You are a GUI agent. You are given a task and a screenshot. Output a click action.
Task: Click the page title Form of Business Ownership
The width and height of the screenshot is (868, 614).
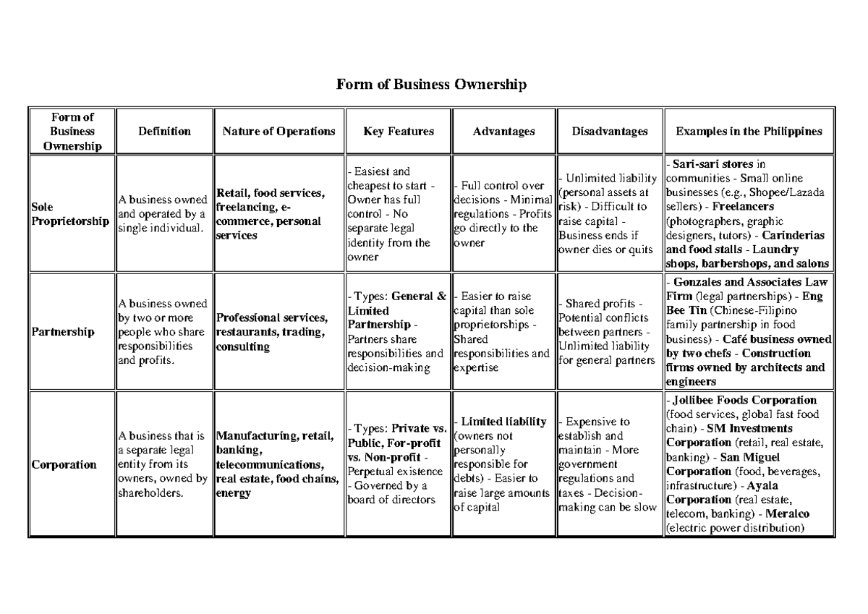pyautogui.click(x=432, y=85)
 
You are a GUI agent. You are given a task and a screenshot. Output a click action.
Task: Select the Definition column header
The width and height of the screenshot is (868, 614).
pyautogui.click(x=165, y=131)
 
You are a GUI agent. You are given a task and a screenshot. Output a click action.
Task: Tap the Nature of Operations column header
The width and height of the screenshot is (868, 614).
pyautogui.click(x=278, y=131)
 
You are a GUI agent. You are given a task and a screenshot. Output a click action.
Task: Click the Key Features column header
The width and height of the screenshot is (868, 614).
pyautogui.click(x=399, y=131)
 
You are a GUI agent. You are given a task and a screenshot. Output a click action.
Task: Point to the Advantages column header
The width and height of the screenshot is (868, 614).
pyautogui.click(x=503, y=131)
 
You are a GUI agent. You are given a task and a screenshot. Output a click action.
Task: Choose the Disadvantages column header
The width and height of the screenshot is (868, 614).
pyautogui.click(x=609, y=131)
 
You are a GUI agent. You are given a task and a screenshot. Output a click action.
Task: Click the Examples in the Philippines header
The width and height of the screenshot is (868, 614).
pyautogui.click(x=749, y=131)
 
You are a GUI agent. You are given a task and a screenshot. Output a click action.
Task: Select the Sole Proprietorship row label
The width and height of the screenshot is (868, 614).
pyautogui.click(x=69, y=214)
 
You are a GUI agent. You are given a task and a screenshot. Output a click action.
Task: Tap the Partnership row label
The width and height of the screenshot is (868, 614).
pyautogui.click(x=63, y=332)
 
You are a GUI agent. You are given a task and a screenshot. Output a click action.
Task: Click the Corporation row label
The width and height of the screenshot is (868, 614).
pyautogui.click(x=64, y=464)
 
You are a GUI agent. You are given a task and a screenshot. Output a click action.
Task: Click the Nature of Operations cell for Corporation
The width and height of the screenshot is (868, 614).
pyautogui.click(x=276, y=464)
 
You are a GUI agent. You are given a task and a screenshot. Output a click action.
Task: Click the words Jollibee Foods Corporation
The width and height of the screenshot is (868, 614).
pyautogui.click(x=744, y=400)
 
